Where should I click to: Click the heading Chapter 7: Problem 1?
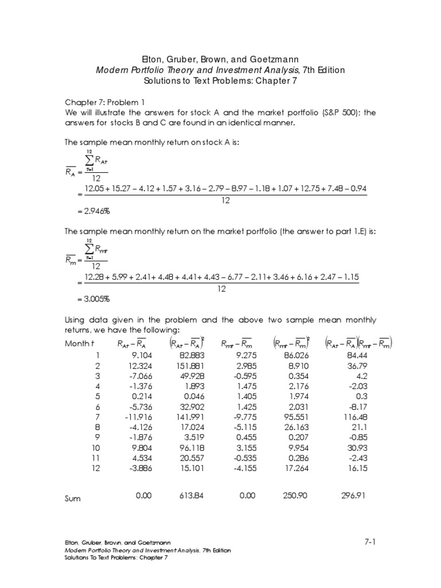click(x=105, y=102)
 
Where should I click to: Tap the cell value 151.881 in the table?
click(x=185, y=366)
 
